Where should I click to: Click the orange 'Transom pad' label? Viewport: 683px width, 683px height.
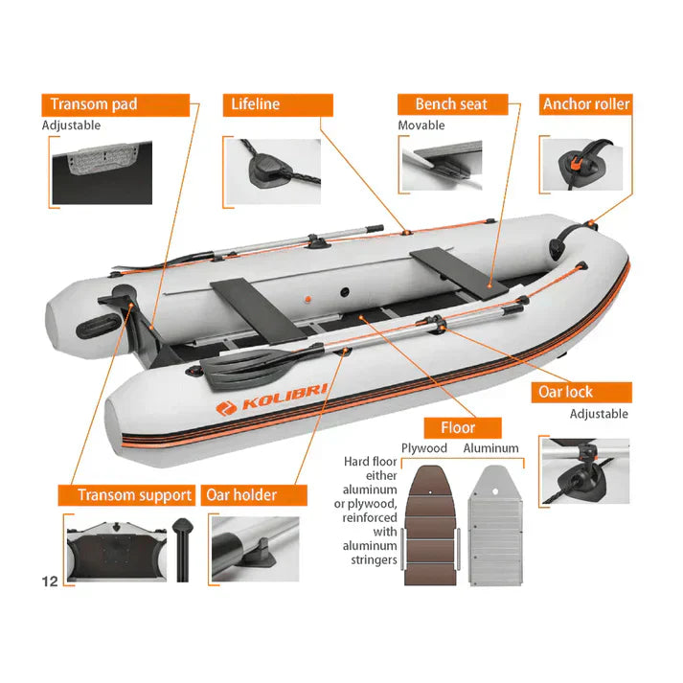click(x=116, y=105)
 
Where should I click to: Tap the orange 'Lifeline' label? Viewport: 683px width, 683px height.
click(x=278, y=105)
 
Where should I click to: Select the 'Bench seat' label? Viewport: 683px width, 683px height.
click(x=452, y=104)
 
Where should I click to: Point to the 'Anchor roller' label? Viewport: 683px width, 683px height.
click(x=586, y=104)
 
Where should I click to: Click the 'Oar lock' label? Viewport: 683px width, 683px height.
click(x=581, y=393)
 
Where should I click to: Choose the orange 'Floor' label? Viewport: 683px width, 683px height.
click(x=463, y=428)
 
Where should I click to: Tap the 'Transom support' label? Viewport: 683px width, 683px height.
click(x=126, y=495)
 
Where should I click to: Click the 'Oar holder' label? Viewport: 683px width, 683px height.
click(x=254, y=495)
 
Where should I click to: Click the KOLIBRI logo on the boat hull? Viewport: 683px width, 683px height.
click(x=271, y=398)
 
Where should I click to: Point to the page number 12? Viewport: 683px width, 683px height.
click(x=50, y=581)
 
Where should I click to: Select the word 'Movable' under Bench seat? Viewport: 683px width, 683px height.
click(x=421, y=125)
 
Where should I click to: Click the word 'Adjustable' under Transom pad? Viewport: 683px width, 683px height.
click(x=71, y=125)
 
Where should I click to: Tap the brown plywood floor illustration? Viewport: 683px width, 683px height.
click(x=430, y=525)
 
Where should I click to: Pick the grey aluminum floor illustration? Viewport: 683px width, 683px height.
click(x=495, y=525)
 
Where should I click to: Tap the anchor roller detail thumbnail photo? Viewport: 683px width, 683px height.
click(x=582, y=165)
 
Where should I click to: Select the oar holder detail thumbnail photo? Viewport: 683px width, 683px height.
click(x=255, y=549)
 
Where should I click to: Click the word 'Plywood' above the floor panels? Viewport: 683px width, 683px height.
click(x=424, y=448)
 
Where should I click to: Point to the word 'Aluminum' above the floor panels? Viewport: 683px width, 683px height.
click(x=490, y=448)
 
